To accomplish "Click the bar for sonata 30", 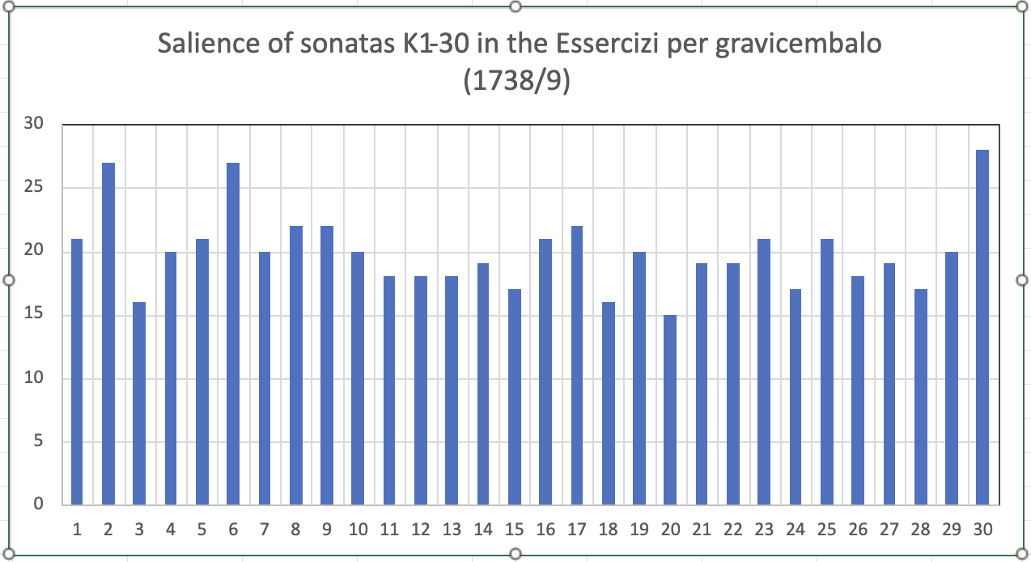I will coord(982,327).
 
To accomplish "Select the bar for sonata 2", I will coord(108,334).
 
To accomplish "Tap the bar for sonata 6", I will coord(233,334).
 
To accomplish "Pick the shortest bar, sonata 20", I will coord(670,410).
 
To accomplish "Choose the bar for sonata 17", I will coord(576,365).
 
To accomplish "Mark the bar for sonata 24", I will coord(796,397).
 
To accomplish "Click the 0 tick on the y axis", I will coord(37,505).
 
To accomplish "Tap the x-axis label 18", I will coord(608,530).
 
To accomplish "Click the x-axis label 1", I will coord(77,530).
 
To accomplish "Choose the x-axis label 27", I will coord(889,530).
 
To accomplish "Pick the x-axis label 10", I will coord(358,530).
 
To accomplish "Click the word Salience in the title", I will coord(206,44).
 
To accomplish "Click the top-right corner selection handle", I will coord(1021,6).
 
